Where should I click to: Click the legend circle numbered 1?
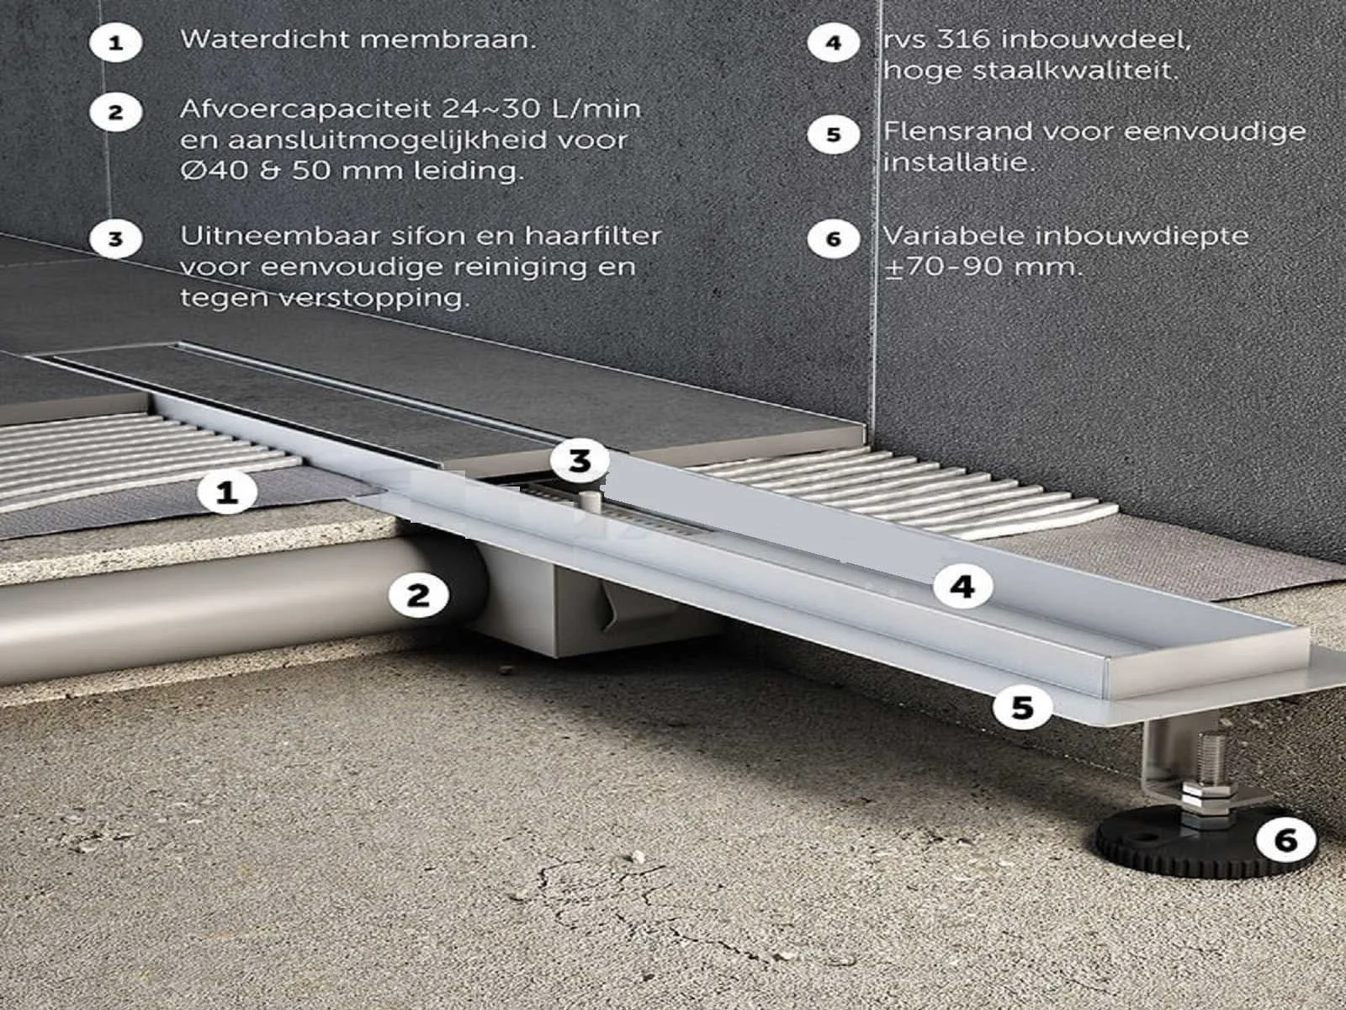[116, 42]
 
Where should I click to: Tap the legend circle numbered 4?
[833, 42]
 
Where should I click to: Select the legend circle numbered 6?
[833, 238]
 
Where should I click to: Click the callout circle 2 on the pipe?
[418, 595]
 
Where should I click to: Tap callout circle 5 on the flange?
[1021, 708]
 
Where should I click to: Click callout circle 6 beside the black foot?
[1286, 839]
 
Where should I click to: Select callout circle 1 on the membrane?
[227, 492]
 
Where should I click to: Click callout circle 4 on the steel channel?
[962, 587]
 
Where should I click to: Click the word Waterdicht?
[266, 40]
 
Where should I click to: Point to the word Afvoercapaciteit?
[306, 109]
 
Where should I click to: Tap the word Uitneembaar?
[280, 237]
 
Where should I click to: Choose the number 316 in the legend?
[965, 40]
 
